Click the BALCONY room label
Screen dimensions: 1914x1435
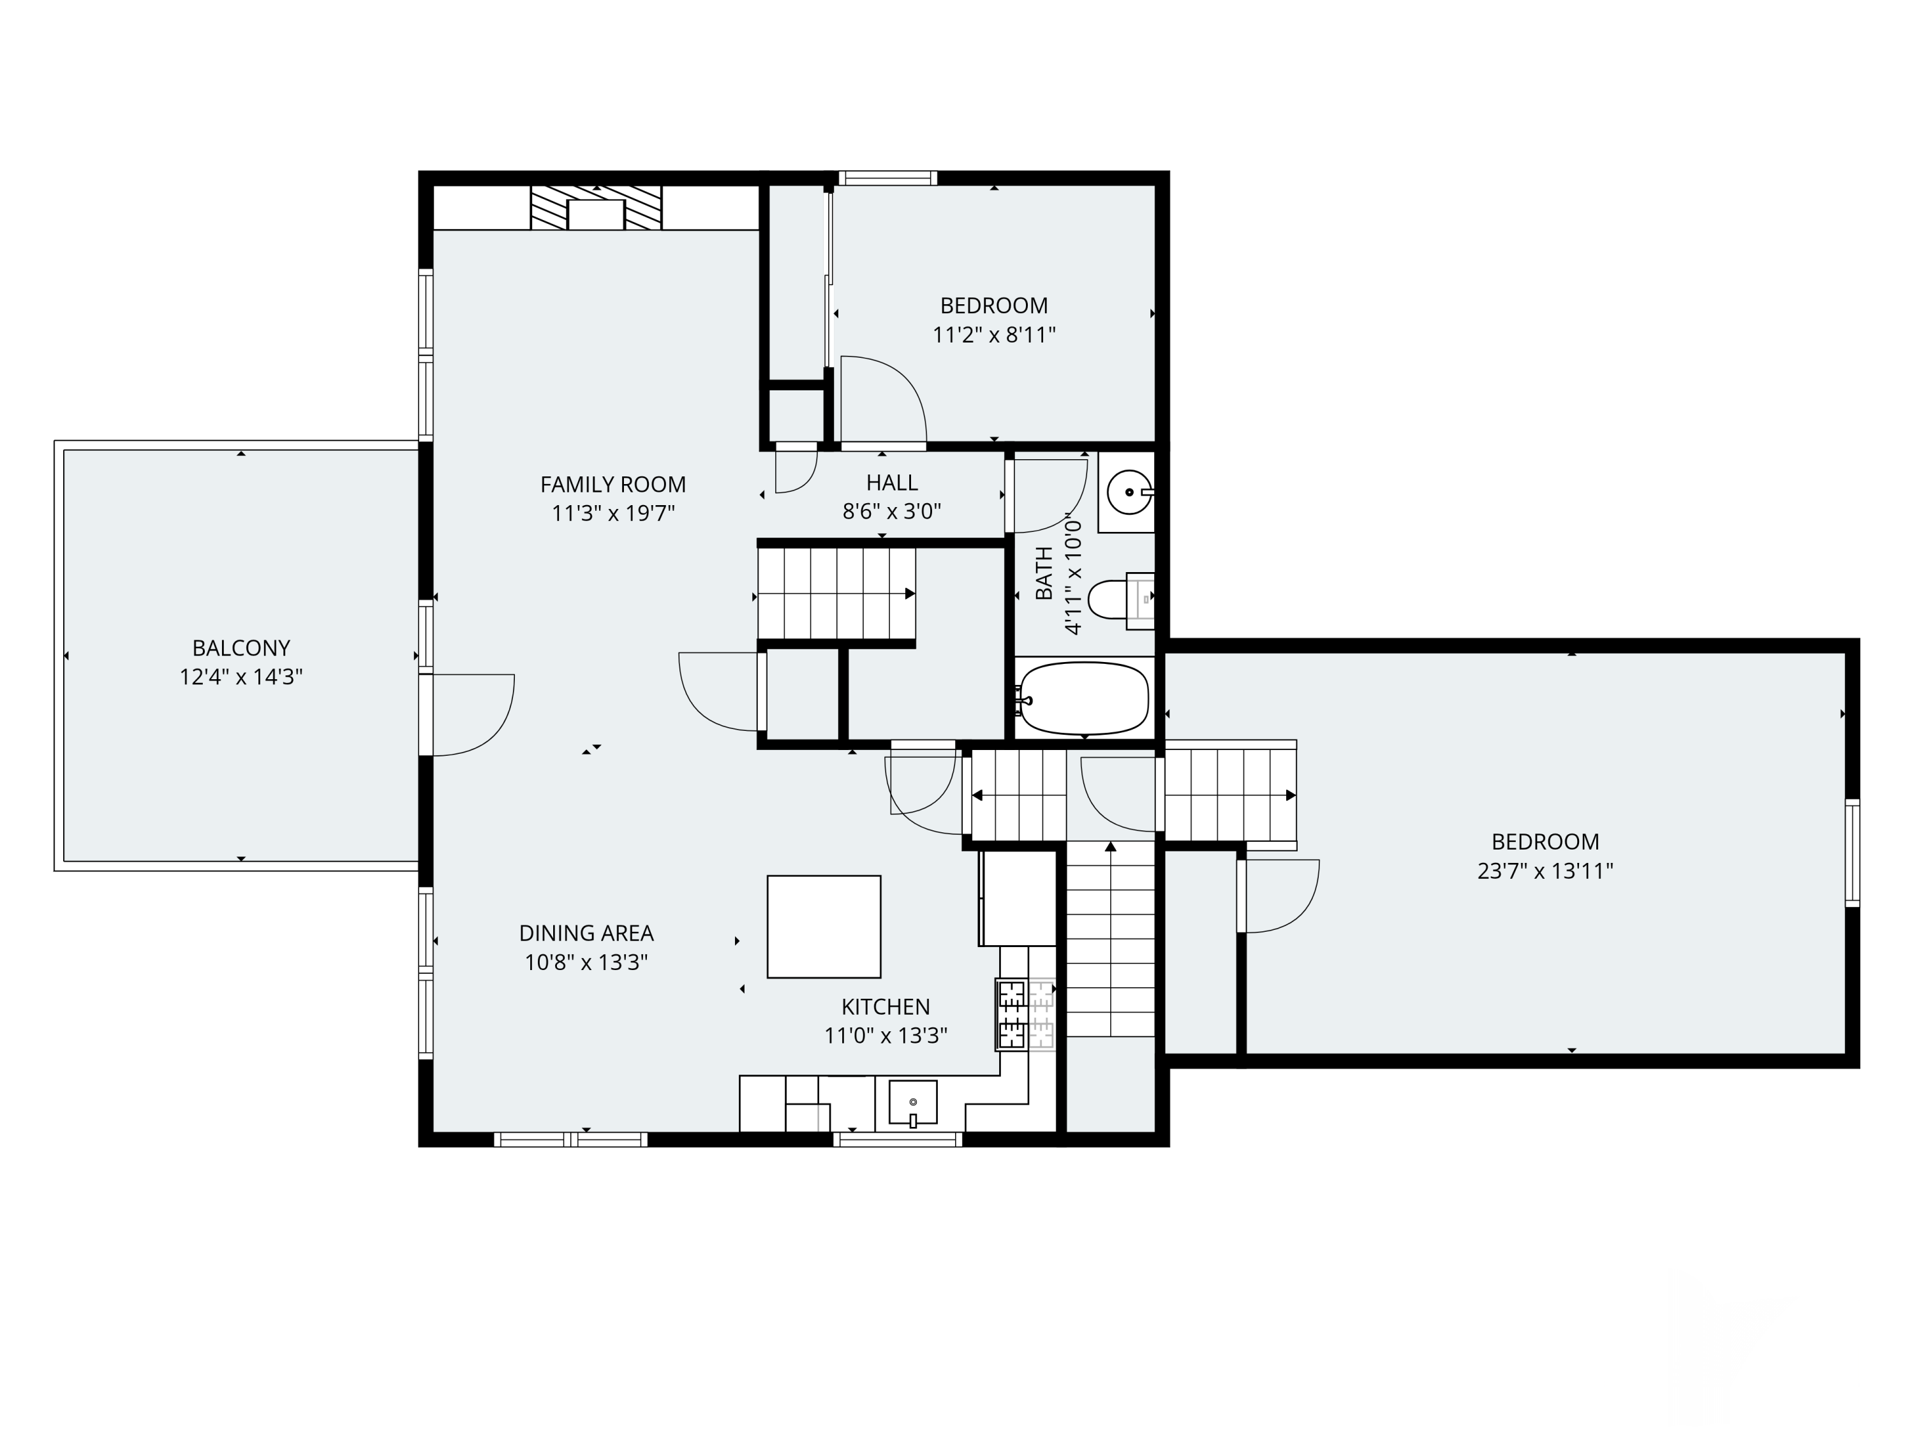coord(241,648)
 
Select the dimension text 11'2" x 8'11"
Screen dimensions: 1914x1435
coord(994,335)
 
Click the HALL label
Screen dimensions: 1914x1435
coord(892,483)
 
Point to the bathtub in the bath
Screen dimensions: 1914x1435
coord(1085,698)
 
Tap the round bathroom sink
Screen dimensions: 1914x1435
coord(1129,492)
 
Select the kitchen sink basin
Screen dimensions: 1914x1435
coord(913,1103)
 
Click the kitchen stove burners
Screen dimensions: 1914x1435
coord(1026,1014)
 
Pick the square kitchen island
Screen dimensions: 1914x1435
coord(824,927)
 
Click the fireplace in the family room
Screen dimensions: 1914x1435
coord(596,207)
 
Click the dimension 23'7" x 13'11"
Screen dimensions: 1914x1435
coord(1545,871)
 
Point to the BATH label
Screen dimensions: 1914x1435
coord(1044,573)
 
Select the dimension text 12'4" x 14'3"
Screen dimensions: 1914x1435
coord(241,677)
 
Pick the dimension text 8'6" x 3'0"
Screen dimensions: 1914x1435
coord(891,511)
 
